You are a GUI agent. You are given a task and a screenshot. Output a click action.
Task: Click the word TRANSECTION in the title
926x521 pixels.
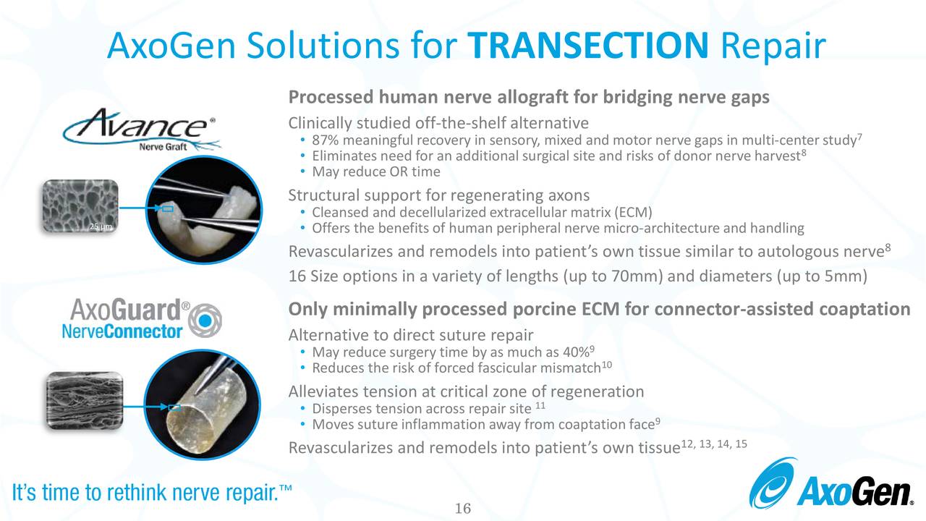click(x=588, y=46)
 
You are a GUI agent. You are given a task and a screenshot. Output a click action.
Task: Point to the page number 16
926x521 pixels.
click(x=462, y=509)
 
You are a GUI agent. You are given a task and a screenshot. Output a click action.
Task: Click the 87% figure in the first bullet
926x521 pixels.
click(x=324, y=140)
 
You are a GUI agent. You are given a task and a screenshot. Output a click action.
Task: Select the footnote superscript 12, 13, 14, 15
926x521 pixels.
click(x=713, y=443)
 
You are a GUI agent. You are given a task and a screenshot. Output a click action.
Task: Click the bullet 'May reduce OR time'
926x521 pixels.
click(x=375, y=171)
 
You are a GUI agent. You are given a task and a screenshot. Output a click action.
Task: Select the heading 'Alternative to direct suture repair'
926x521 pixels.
click(x=410, y=336)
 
